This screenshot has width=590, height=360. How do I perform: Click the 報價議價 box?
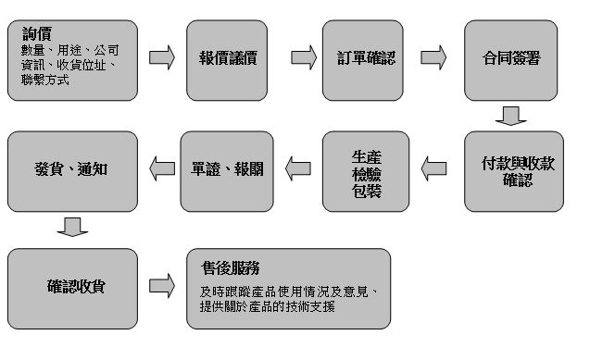click(227, 58)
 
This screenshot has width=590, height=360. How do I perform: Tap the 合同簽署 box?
click(511, 58)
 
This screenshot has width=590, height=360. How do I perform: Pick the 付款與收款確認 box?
click(511, 171)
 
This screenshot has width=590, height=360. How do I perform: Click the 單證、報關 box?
click(227, 171)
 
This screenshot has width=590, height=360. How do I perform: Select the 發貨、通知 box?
click(72, 171)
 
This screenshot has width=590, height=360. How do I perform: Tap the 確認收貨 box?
click(72, 287)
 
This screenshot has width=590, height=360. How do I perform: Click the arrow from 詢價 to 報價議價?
click(161, 57)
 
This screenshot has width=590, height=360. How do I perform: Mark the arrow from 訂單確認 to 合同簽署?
click(433, 57)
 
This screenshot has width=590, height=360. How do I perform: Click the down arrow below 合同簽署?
click(510, 116)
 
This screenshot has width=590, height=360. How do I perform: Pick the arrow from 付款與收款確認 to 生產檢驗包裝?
click(433, 168)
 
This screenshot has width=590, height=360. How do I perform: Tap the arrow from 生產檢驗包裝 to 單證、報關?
click(298, 168)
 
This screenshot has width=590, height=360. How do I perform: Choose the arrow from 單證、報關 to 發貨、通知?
click(161, 168)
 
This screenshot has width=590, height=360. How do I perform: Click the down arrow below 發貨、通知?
click(72, 227)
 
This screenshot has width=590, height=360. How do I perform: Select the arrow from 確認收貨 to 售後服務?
click(161, 284)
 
